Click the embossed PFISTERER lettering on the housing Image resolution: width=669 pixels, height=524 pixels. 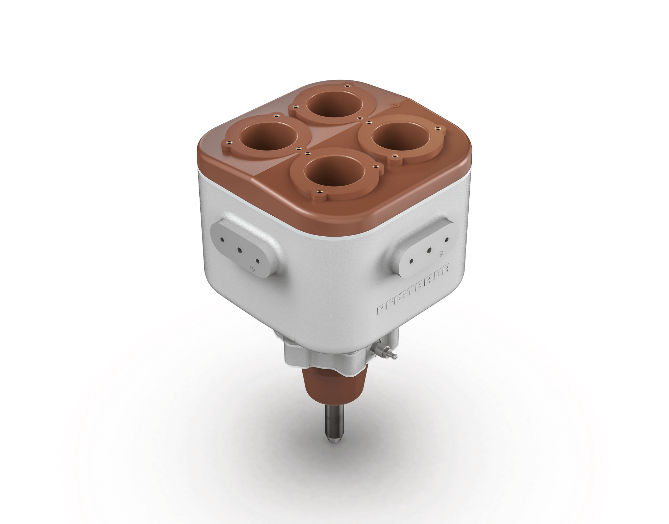click(x=414, y=290)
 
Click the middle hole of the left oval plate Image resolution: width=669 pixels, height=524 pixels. click(x=239, y=250)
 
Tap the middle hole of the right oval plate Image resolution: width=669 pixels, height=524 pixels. click(x=430, y=250)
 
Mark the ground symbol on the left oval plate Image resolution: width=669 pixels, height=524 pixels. click(x=252, y=268)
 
